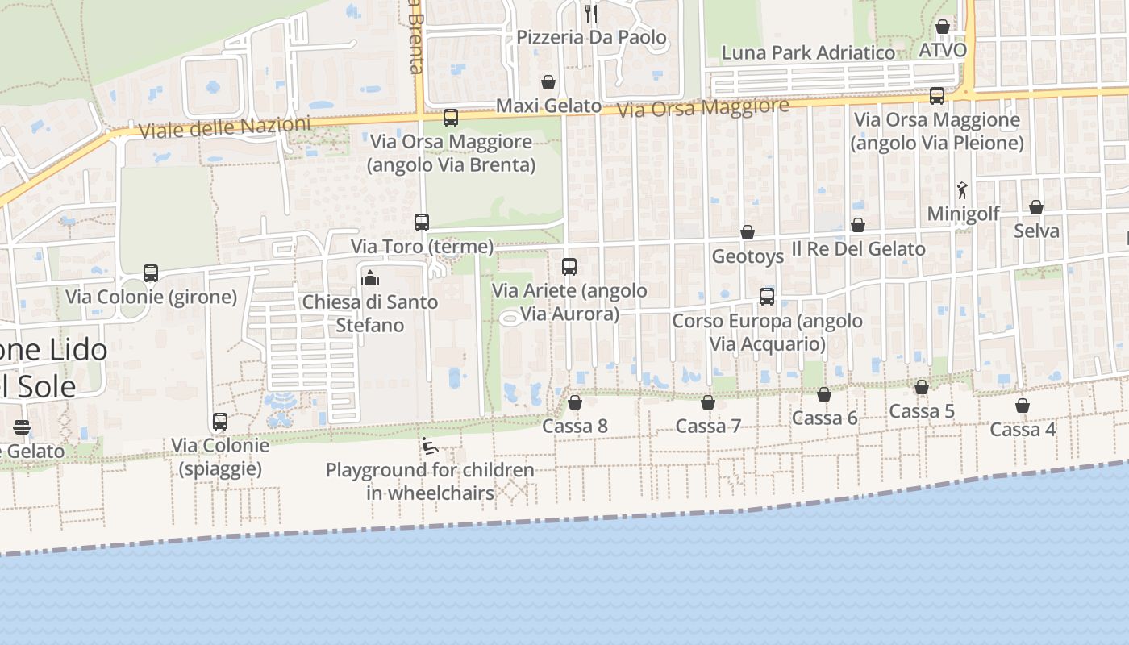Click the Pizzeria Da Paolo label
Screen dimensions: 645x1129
591,37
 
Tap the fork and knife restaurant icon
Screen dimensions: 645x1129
590,13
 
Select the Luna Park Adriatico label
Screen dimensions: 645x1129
808,53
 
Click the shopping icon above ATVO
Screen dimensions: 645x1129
942,27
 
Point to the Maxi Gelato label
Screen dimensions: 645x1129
548,106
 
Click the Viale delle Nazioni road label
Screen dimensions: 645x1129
225,127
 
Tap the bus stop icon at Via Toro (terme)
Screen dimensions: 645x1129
422,223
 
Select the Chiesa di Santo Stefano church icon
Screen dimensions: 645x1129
370,278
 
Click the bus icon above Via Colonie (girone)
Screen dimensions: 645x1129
151,273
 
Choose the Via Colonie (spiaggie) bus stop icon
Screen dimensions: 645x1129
220,422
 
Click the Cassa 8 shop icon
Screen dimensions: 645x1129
575,402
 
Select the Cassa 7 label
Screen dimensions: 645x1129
708,426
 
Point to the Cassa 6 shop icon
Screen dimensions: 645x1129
824,394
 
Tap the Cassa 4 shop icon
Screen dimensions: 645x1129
1023,406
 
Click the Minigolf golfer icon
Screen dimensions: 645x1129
962,190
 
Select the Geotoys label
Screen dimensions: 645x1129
748,256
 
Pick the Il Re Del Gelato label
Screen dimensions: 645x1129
858,249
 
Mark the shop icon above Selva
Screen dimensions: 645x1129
1036,207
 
